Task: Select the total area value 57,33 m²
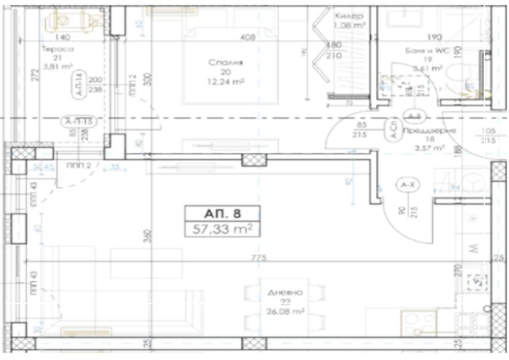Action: pos(222,228)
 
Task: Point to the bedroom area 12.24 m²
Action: pos(226,81)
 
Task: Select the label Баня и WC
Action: pos(424,50)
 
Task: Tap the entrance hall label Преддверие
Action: pos(430,131)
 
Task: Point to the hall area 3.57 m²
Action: pos(429,148)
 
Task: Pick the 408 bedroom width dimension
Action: pos(248,37)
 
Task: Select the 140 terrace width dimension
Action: pos(62,37)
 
